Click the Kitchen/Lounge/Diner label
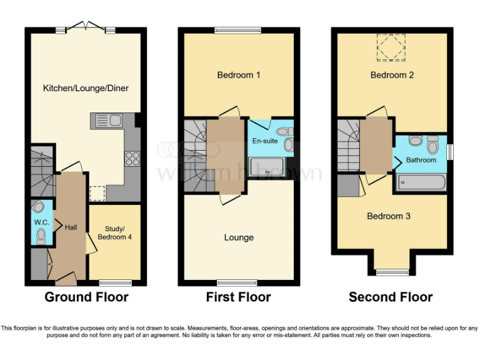coord(86,88)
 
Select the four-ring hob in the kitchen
coord(132,159)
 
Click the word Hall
coord(71,227)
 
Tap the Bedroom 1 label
coord(239,75)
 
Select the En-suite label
coord(264,141)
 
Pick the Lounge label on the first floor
coord(239,237)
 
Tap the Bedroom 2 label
coord(392,75)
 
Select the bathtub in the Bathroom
coord(421,182)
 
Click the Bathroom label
coord(421,160)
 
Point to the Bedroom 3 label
coord(389,216)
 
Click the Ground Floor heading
coord(86,297)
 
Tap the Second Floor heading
coord(391,297)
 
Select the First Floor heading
coord(239,297)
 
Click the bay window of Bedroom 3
coord(392,271)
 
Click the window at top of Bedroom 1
coord(238,29)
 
